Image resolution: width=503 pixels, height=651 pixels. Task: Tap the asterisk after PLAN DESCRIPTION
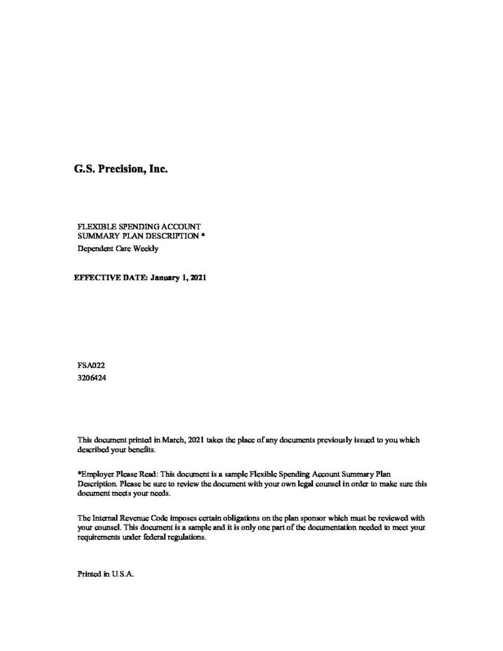pyautogui.click(x=202, y=235)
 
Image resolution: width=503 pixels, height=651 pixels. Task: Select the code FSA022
pyautogui.click(x=90, y=366)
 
